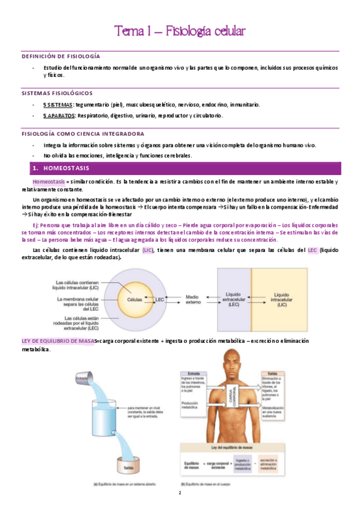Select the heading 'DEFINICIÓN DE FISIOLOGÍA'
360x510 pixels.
60,55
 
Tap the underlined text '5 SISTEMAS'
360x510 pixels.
58,105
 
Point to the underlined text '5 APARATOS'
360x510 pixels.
59,115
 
